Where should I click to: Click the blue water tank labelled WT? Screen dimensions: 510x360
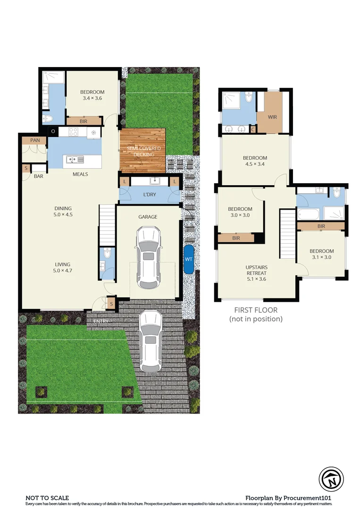(x=189, y=259)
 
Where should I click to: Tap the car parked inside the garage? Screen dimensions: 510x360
(x=148, y=258)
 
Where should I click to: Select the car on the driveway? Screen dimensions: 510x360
(x=151, y=341)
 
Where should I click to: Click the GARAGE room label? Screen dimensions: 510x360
(x=148, y=217)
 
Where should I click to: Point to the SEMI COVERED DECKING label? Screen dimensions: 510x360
(x=143, y=151)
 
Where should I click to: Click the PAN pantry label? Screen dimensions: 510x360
(x=35, y=140)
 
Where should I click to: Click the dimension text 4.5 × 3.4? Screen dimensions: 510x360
(x=255, y=165)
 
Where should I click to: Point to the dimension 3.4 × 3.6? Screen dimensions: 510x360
(x=92, y=98)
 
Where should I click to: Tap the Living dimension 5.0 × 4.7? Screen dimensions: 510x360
(x=62, y=271)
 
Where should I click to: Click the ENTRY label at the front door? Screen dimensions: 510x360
(x=100, y=321)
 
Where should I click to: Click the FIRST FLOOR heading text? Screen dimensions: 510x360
(x=256, y=310)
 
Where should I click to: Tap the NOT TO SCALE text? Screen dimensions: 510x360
(x=47, y=498)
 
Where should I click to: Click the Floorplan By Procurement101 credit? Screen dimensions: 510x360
(x=290, y=498)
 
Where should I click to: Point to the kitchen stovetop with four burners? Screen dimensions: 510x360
(x=73, y=132)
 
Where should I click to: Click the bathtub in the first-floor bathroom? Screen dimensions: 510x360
(x=310, y=214)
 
